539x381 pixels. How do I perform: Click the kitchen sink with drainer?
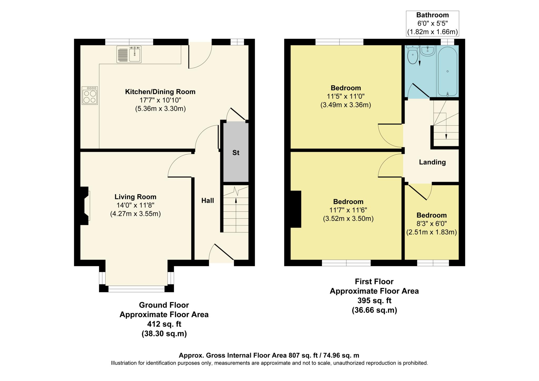click(x=129, y=54)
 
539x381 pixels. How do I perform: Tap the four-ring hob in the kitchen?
click(x=89, y=96)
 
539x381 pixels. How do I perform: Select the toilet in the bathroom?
click(x=412, y=56)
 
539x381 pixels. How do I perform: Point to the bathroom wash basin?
click(x=428, y=51)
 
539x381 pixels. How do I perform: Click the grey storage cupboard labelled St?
click(x=236, y=153)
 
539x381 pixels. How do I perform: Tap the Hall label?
click(x=207, y=201)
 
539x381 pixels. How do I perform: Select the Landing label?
click(x=432, y=162)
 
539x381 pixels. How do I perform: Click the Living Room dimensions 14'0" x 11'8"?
click(x=135, y=205)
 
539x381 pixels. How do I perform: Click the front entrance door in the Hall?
click(x=222, y=253)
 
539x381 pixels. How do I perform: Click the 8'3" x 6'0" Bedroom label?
click(x=431, y=215)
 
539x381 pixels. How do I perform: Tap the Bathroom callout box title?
click(x=432, y=15)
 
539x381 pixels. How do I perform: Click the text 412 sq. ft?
click(x=164, y=324)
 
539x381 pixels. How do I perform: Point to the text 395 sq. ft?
click(x=374, y=300)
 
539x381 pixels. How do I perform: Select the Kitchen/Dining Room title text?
click(x=160, y=92)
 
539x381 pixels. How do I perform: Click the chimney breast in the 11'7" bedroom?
click(x=296, y=209)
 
